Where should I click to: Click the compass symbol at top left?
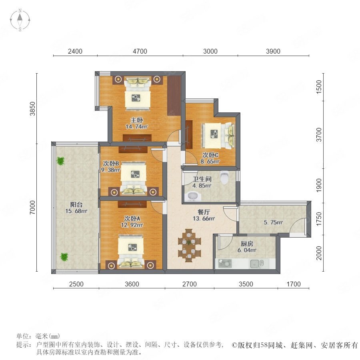(x=20, y=20)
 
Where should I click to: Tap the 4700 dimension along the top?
(x=140, y=51)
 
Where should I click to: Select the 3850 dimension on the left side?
(x=33, y=108)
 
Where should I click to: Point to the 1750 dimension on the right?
(x=319, y=219)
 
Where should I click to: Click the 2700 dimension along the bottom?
(x=190, y=284)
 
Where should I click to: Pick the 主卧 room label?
(x=137, y=120)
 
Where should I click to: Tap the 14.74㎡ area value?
(x=137, y=126)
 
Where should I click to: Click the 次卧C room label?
(x=210, y=155)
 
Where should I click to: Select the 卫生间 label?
(x=202, y=179)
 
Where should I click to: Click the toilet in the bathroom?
(x=224, y=177)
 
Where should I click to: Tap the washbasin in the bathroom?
(x=192, y=196)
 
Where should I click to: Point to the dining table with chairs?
(x=189, y=245)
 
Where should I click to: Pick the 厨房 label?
(x=247, y=244)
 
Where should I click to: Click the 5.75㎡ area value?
(x=273, y=222)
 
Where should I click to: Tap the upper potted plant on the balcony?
(x=61, y=161)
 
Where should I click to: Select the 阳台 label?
(x=76, y=204)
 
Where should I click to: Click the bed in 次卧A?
(x=131, y=252)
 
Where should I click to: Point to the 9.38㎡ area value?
(x=110, y=170)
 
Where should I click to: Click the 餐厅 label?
(x=204, y=212)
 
